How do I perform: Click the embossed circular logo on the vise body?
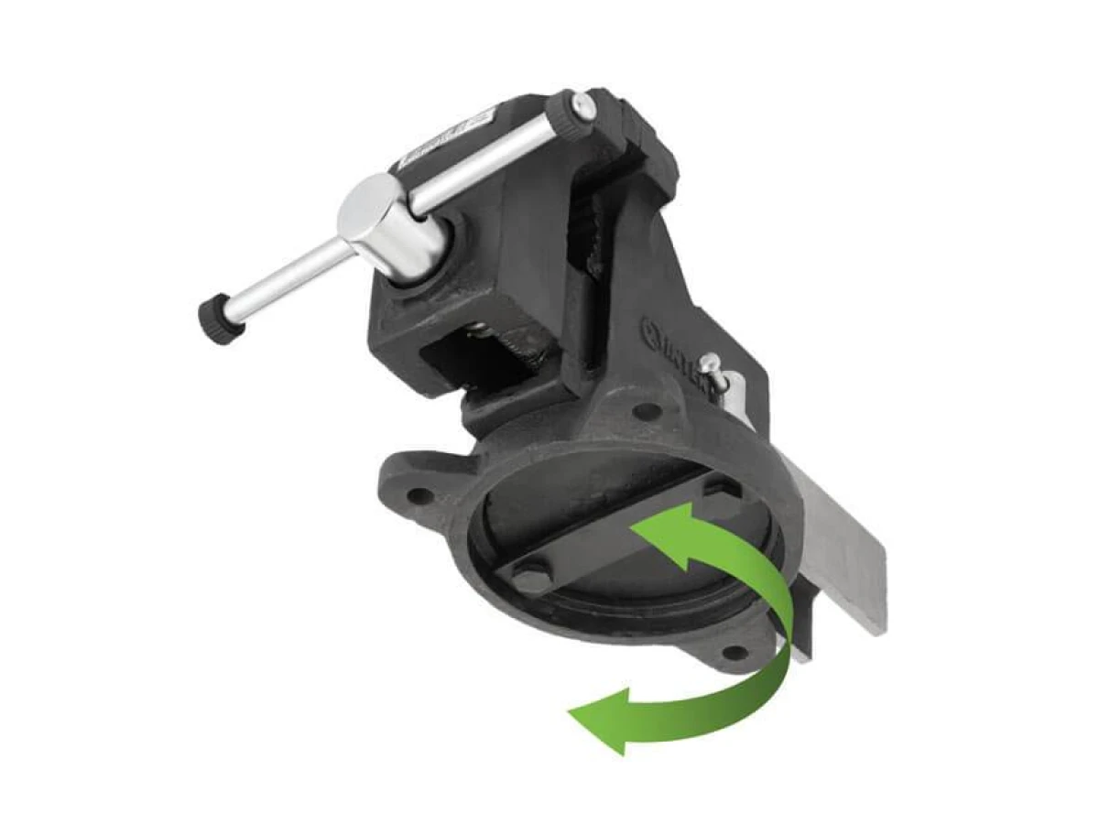tap(653, 329)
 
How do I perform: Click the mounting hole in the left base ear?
tap(419, 495)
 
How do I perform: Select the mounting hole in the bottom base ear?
tap(733, 653)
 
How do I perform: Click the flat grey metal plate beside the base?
tap(843, 549)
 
